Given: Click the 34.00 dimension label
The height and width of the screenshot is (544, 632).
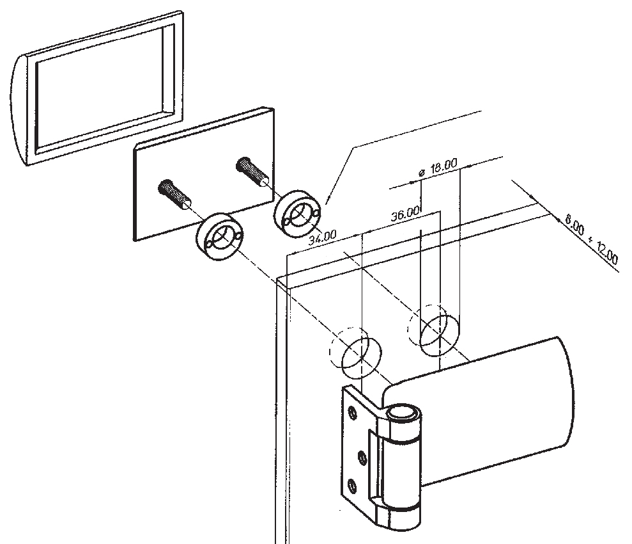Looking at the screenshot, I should click(322, 238).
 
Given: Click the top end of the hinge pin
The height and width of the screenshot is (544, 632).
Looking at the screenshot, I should click(401, 413).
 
